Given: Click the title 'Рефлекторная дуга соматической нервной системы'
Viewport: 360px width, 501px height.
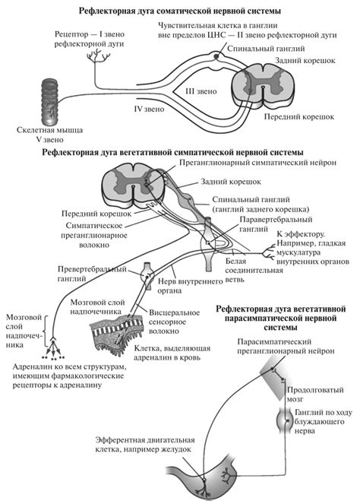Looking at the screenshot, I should click(x=179, y=12).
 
